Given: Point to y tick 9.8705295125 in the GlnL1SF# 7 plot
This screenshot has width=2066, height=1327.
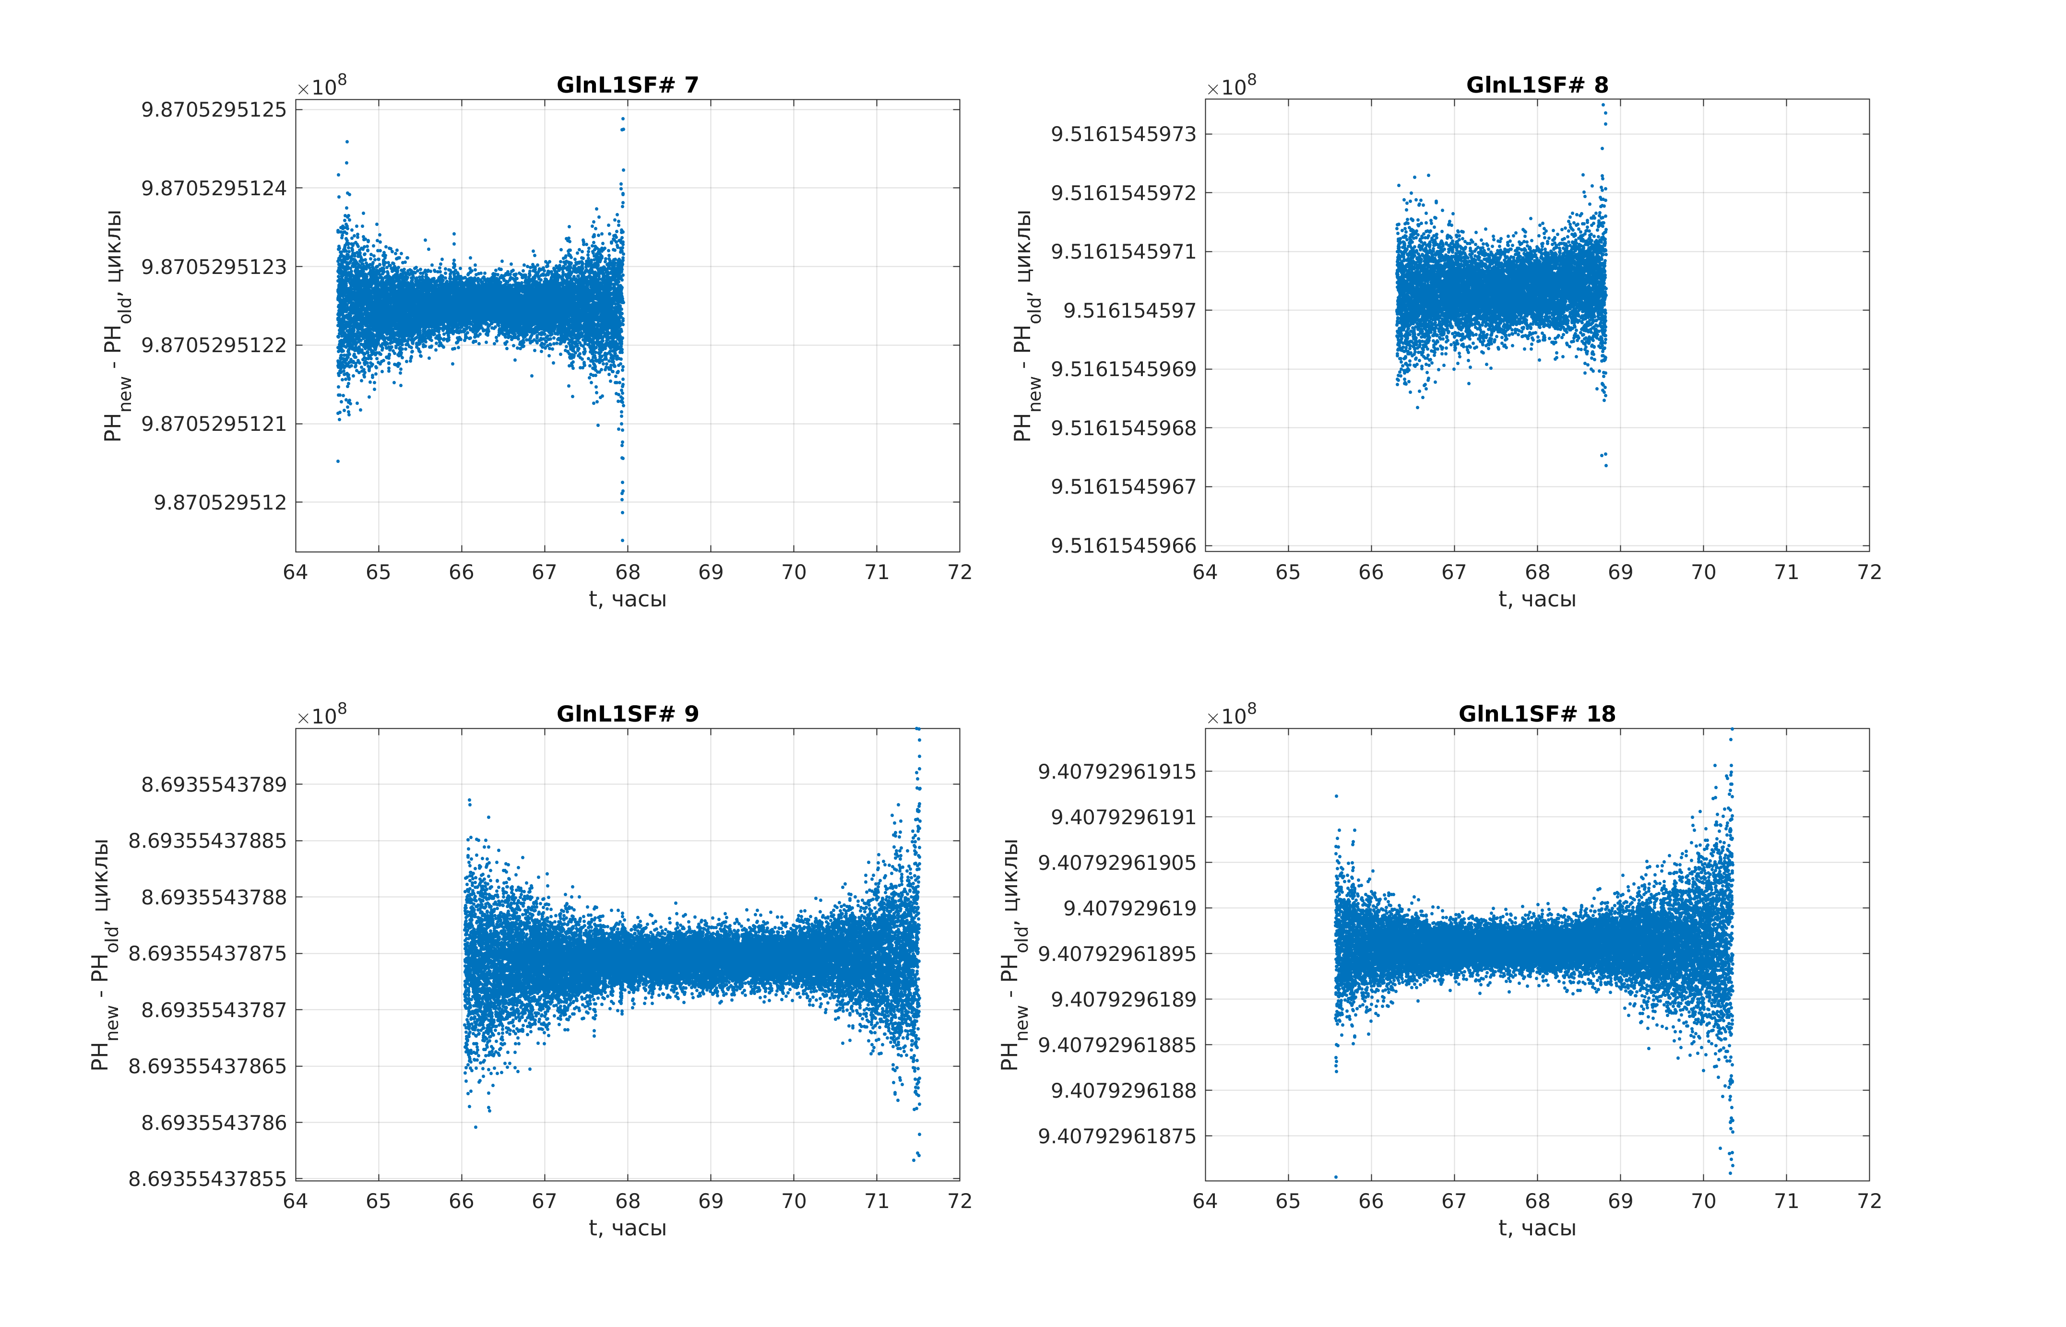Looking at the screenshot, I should click(214, 109).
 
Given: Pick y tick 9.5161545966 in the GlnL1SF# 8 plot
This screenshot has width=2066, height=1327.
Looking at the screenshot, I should click(1124, 545).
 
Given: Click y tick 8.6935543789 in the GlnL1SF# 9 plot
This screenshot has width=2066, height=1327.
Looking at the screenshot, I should click(214, 784).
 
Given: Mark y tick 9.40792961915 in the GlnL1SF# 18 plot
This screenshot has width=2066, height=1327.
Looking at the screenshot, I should click(1117, 771).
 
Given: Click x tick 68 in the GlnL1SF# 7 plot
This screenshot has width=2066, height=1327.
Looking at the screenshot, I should click(627, 572).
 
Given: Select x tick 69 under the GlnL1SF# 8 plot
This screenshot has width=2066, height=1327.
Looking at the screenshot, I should click(1620, 572).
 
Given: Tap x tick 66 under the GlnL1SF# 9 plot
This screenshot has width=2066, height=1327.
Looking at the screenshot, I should click(461, 1201).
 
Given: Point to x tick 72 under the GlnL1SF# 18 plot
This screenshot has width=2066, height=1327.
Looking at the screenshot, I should click(1869, 1201).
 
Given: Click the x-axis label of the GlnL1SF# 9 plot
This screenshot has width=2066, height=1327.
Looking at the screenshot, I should click(627, 1228).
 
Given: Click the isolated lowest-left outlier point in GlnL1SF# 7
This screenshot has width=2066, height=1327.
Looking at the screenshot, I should click(338, 461).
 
